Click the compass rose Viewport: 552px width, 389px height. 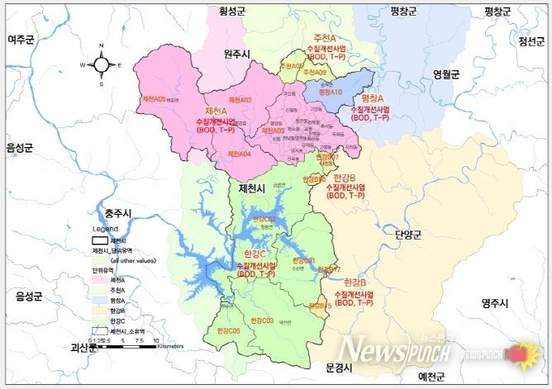(102, 64)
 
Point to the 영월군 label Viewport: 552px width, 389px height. (445, 74)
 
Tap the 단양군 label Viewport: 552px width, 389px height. (408, 235)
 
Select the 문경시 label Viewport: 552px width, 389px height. (340, 366)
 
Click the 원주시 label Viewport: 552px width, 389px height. (240, 54)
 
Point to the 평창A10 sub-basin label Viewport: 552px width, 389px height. (330, 93)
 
